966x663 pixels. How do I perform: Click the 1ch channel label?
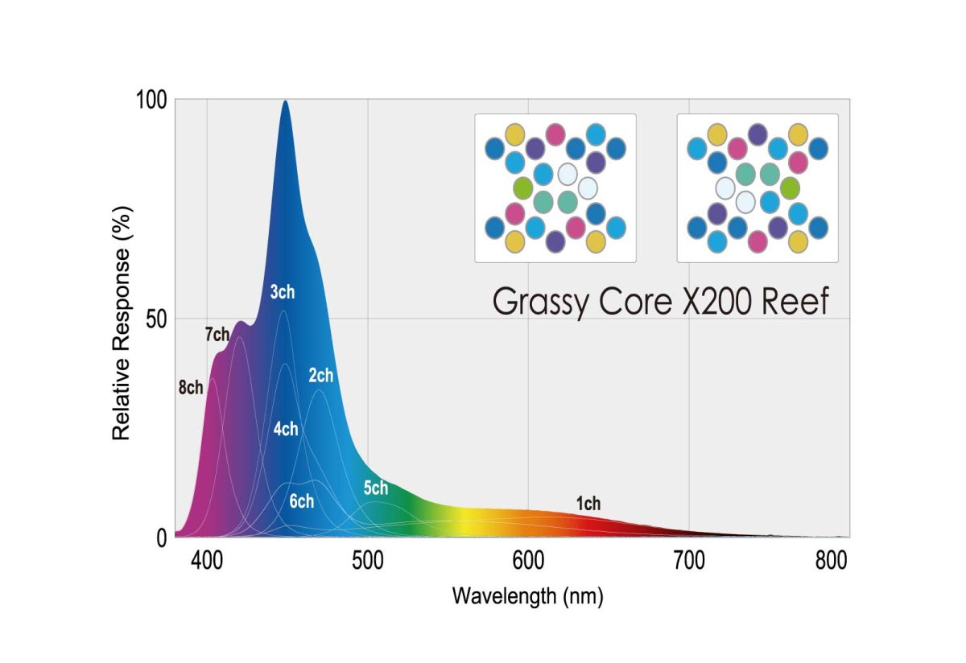tap(588, 504)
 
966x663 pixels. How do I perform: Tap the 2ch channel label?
tap(320, 376)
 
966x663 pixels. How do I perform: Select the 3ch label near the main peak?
tap(282, 292)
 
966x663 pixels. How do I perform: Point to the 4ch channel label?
tap(285, 429)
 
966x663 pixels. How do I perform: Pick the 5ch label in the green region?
tap(375, 488)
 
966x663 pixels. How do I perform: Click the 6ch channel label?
tap(301, 501)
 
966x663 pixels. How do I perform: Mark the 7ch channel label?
tap(217, 336)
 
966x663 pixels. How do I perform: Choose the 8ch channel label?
tap(191, 388)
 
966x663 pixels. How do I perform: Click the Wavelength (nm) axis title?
tap(527, 596)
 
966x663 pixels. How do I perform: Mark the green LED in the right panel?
tap(790, 188)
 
